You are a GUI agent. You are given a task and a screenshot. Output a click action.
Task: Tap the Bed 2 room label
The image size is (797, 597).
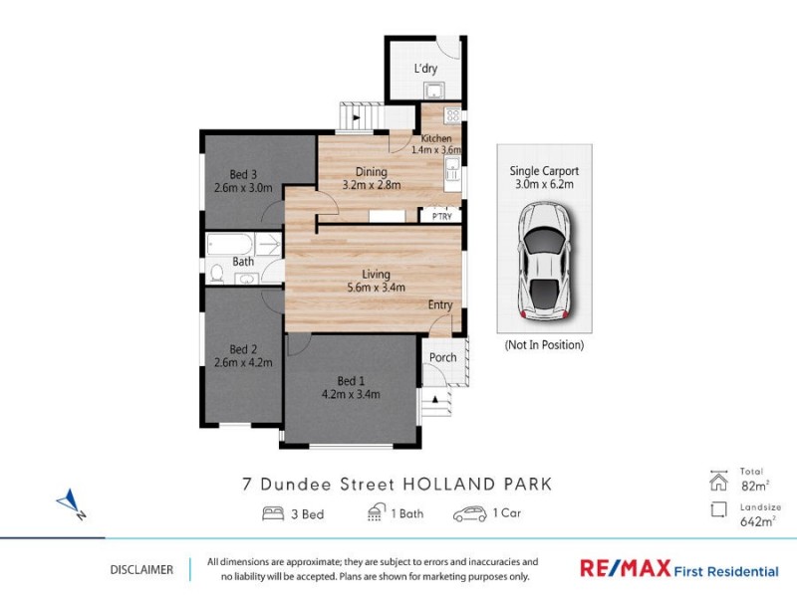pyautogui.click(x=243, y=349)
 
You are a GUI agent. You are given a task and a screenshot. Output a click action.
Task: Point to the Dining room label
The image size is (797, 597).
pyautogui.click(x=357, y=171)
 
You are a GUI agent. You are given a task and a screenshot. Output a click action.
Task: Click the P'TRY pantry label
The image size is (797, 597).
pyautogui.click(x=439, y=215)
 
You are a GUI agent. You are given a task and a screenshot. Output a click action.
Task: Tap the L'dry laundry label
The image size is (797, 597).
pyautogui.click(x=425, y=69)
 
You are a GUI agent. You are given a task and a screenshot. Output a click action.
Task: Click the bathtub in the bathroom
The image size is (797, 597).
pyautogui.click(x=231, y=244)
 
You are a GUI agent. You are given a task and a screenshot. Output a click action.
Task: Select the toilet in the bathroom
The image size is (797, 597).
pyautogui.click(x=216, y=272)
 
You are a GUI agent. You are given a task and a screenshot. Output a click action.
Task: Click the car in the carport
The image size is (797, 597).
pyautogui.click(x=544, y=262)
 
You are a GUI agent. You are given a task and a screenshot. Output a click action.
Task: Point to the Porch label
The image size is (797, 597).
pyautogui.click(x=442, y=357)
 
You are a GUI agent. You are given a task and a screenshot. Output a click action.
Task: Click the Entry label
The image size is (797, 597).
pyautogui.click(x=440, y=304)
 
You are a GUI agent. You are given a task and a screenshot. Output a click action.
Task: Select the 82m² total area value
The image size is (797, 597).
pyautogui.click(x=752, y=485)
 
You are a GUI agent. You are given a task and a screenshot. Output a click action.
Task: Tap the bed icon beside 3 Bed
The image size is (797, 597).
pyautogui.click(x=272, y=513)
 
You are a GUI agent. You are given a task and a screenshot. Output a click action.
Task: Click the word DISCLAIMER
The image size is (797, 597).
pyautogui.click(x=140, y=570)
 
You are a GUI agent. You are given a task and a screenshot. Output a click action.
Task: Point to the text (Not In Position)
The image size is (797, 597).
pyautogui.click(x=544, y=345)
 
